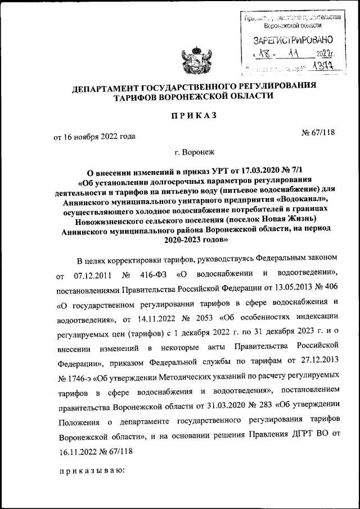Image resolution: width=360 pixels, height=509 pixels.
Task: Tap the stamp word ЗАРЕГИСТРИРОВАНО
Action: click(292, 40)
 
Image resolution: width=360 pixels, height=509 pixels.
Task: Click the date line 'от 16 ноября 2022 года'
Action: click(94, 136)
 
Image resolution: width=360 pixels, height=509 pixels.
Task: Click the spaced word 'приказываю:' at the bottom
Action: click(92, 470)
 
